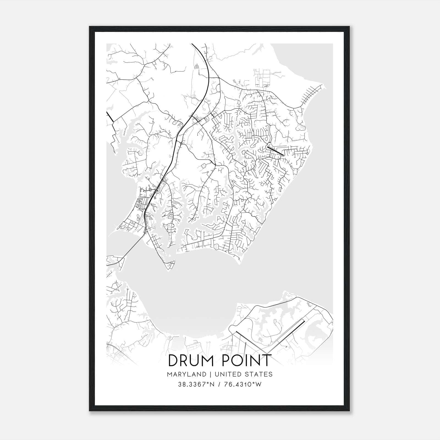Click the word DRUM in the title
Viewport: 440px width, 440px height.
190,361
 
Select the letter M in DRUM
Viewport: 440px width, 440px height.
207,361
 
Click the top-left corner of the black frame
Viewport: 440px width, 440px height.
90,27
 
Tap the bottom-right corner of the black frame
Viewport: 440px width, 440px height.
349,411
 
